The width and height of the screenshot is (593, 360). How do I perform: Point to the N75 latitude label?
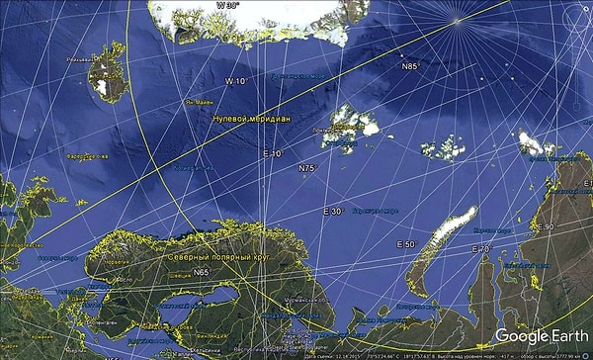pyautogui.click(x=306, y=169)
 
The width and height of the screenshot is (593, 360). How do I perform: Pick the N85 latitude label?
pyautogui.click(x=410, y=66)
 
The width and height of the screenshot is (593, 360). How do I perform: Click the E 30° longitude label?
pyautogui.click(x=332, y=212)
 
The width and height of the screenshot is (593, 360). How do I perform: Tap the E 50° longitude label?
pyautogui.click(x=405, y=243)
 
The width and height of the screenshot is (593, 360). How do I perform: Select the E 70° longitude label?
pyautogui.click(x=481, y=248)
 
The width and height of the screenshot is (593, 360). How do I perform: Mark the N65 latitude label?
pyautogui.click(x=202, y=272)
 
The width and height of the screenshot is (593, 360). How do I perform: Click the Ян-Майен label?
pyautogui.click(x=197, y=102)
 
